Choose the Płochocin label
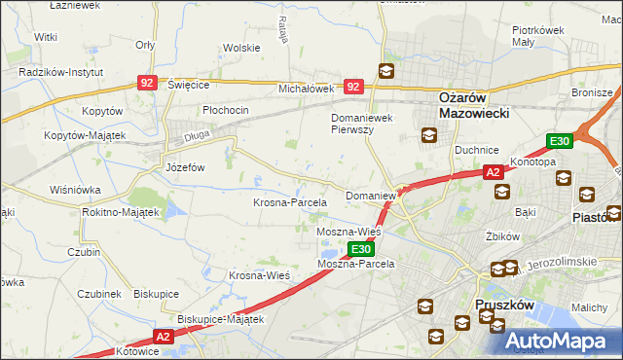[x=226, y=110]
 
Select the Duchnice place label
[x=477, y=150]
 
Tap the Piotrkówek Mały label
[x=538, y=36]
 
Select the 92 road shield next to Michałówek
[x=353, y=87]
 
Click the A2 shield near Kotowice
[x=163, y=337]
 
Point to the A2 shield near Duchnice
[x=493, y=172]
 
